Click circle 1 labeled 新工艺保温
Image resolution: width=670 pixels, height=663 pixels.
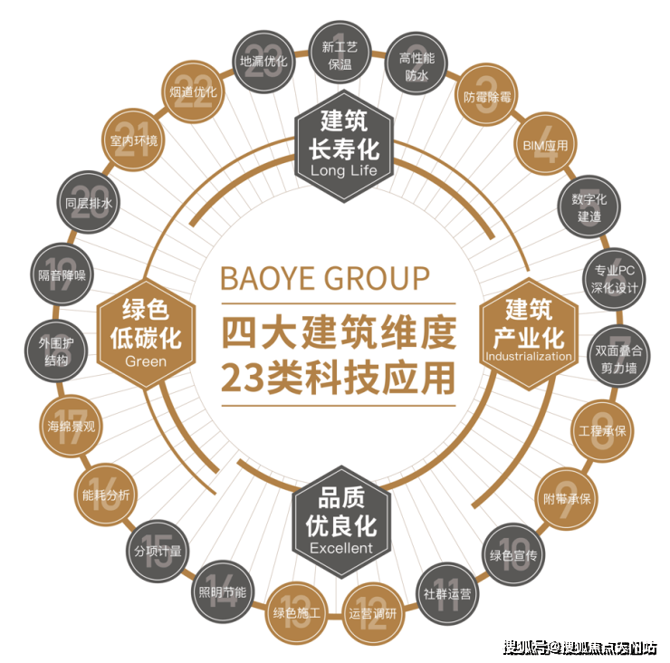[340, 53]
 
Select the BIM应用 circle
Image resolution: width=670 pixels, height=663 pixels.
[545, 145]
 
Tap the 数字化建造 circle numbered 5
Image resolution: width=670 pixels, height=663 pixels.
[589, 207]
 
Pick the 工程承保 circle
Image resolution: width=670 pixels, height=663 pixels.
[602, 430]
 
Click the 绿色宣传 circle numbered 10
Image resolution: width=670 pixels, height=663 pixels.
[513, 554]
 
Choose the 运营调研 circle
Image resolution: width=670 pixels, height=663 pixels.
[373, 614]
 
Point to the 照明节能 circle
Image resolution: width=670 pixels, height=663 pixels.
[223, 592]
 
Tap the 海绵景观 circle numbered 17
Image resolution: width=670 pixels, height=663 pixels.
[72, 427]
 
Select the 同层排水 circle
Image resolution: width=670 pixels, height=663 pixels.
[89, 203]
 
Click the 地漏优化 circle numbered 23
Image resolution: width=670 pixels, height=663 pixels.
[263, 62]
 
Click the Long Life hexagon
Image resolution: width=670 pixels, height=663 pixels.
[344, 146]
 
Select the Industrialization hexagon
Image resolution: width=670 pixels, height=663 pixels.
[529, 333]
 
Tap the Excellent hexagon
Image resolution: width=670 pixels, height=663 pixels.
[341, 522]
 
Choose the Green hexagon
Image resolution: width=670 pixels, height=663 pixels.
[146, 334]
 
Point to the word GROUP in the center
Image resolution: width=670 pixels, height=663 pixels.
[378, 278]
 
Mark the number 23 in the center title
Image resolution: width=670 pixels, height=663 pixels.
[242, 379]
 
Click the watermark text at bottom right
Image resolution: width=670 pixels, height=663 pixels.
[579, 648]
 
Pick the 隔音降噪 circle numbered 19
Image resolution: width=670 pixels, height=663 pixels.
[62, 274]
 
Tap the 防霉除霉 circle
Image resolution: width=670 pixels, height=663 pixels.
[487, 96]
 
